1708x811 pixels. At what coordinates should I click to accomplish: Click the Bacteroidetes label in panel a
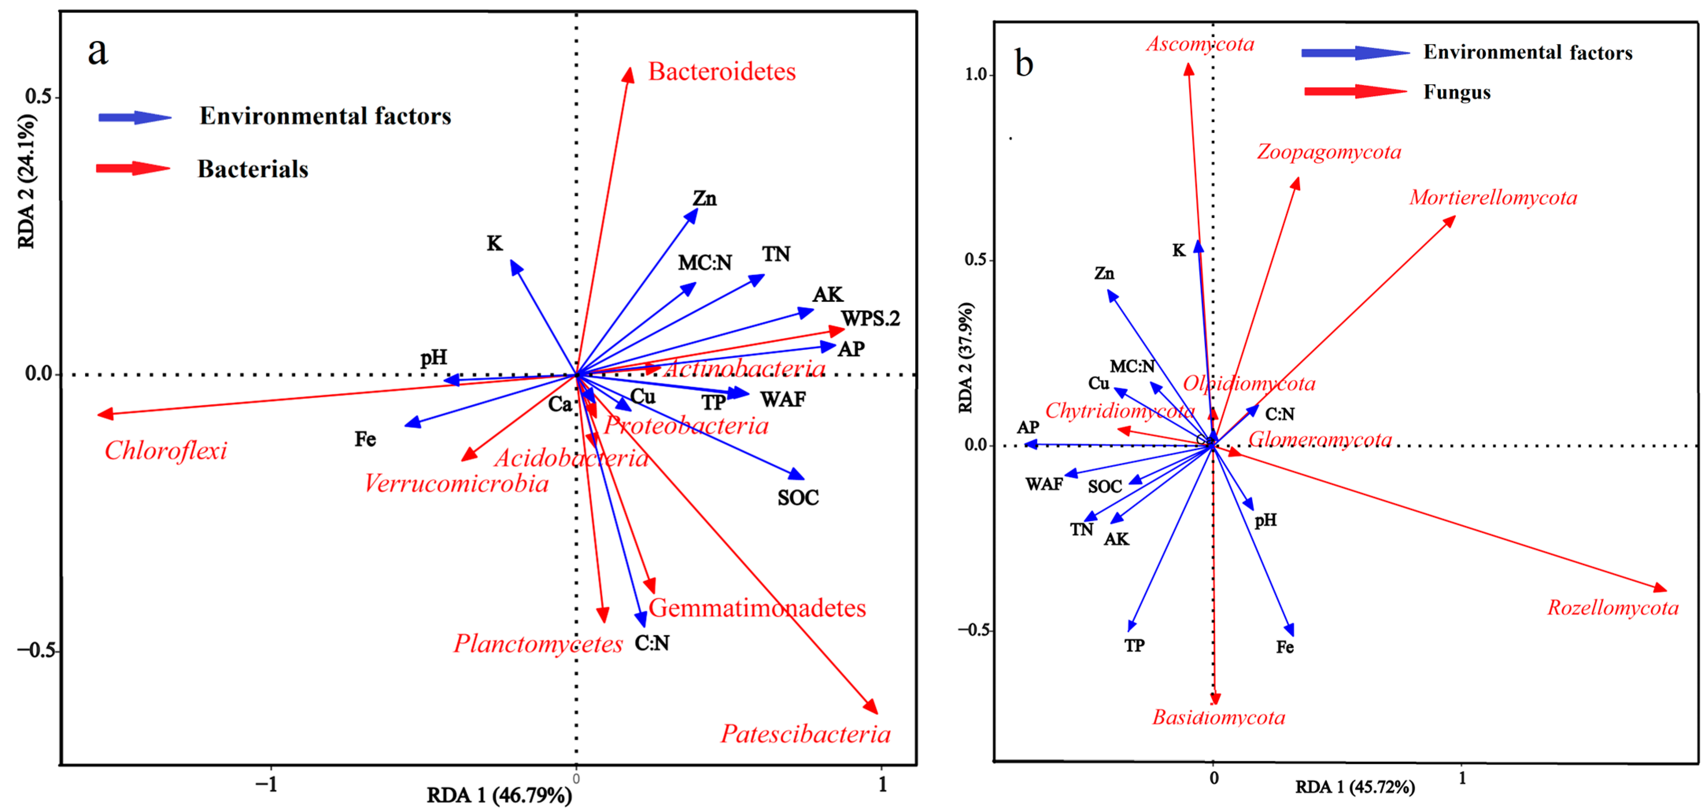(721, 72)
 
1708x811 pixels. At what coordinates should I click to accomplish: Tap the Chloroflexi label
(166, 451)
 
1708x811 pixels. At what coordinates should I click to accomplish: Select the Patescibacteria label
(806, 734)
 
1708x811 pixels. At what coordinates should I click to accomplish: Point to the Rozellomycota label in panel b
(1612, 608)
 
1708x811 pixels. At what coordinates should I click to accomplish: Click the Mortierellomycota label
(1493, 198)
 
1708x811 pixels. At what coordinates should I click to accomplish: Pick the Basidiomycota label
(1219, 717)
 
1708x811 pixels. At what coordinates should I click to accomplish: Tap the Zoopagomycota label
(1329, 152)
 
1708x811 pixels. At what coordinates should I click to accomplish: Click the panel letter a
(98, 51)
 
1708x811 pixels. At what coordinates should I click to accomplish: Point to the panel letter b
(1024, 64)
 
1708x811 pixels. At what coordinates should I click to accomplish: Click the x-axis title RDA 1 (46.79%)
(499, 794)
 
